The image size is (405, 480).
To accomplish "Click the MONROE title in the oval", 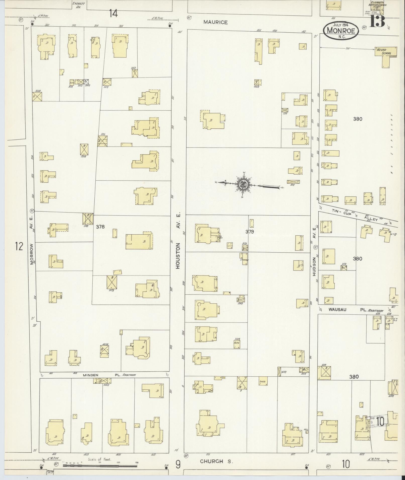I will pos(342,31).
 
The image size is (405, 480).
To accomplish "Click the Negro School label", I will pos(383,51).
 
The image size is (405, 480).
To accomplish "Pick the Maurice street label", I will pos(215,22).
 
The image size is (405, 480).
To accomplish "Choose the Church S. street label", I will pos(215,461).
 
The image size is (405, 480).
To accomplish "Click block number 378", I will pos(100,227).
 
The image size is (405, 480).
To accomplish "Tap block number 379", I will pos(250,232).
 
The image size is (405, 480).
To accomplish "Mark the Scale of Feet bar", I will pos(100,466).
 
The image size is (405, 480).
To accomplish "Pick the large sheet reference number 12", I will pos(19,246).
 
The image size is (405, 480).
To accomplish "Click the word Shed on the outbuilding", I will pos(262,388).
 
